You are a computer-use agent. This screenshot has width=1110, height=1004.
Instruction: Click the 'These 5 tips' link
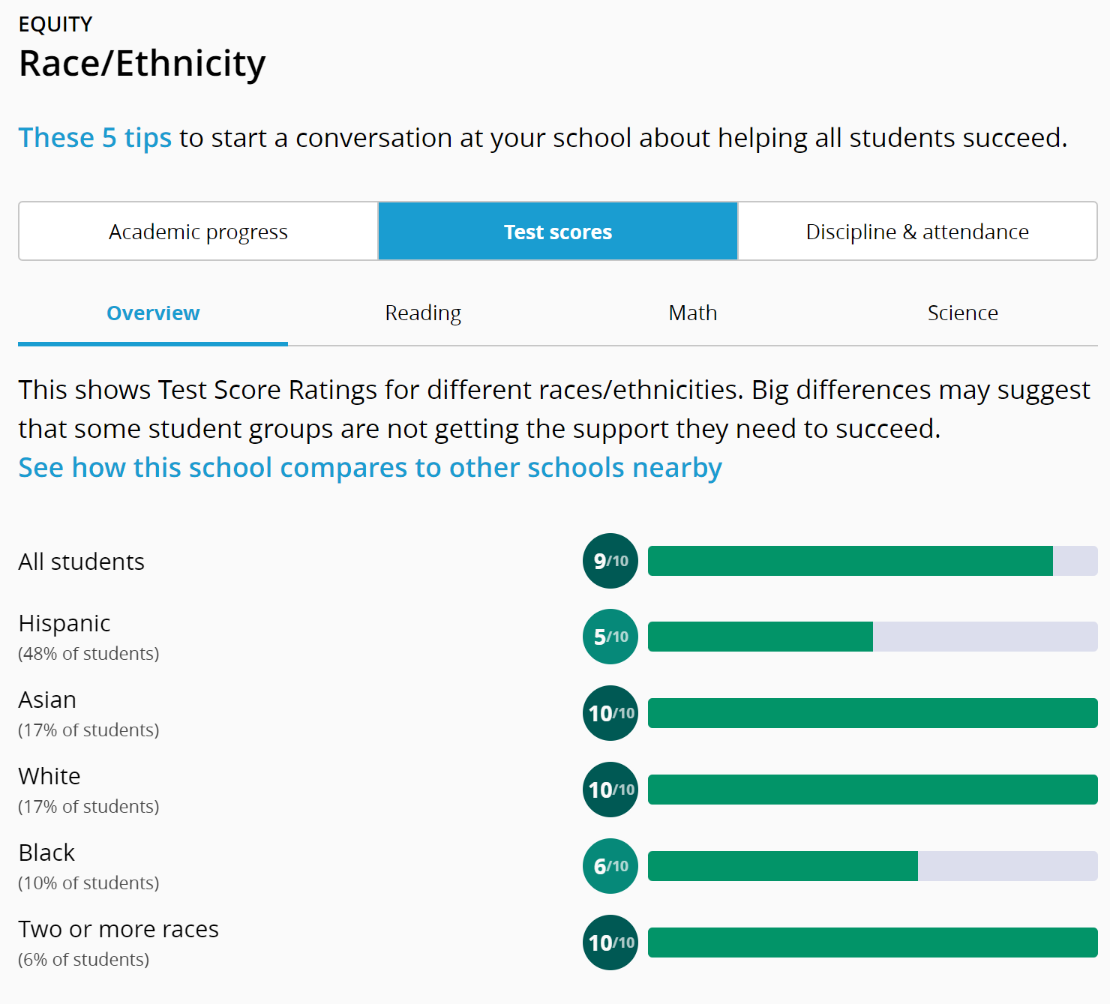95,138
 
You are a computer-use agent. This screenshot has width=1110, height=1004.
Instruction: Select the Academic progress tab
198,232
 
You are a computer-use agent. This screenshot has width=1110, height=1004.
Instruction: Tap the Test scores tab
558,232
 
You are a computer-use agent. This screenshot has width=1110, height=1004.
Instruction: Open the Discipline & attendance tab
917,232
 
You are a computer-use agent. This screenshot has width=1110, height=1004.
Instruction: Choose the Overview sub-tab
153,313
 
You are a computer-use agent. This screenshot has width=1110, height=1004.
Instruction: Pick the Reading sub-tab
423,313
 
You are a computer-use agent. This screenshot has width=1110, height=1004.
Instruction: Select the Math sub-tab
693,313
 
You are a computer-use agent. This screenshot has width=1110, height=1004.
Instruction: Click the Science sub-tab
962,313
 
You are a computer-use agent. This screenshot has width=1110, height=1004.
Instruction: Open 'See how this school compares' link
370,468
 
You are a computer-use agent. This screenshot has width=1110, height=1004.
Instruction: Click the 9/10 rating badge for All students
610,561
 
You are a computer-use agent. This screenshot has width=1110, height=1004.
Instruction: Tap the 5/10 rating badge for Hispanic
610,637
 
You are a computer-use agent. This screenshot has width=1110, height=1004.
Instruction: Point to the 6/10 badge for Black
610,866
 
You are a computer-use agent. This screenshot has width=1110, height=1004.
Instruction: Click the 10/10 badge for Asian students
610,713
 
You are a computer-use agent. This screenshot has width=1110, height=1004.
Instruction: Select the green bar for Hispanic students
760,637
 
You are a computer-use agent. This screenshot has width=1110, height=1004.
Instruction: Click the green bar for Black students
782,866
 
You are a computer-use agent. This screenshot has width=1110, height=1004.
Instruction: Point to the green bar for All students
850,561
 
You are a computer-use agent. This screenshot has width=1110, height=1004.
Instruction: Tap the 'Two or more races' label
118,929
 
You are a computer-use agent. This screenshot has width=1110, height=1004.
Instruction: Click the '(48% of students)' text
88,654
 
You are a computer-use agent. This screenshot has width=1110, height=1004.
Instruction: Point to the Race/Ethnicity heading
142,64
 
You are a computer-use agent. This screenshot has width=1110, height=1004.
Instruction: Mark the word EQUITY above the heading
55,25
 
